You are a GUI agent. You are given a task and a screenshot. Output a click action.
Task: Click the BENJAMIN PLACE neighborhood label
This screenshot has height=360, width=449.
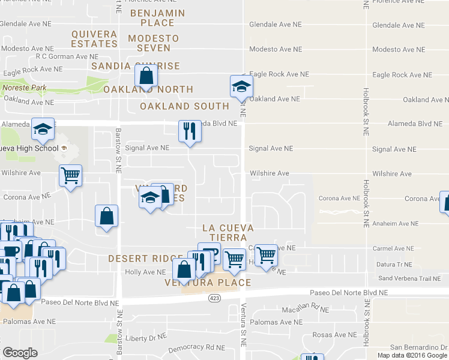[x=152, y=17]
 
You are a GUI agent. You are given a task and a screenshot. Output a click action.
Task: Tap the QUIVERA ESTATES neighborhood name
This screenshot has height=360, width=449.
[x=94, y=38]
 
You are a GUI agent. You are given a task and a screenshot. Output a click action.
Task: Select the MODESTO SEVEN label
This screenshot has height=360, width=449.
[x=154, y=43]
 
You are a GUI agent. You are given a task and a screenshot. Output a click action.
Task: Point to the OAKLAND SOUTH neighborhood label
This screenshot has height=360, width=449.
[x=184, y=106]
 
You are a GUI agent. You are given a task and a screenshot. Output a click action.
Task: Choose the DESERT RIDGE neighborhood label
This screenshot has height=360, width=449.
[x=137, y=259]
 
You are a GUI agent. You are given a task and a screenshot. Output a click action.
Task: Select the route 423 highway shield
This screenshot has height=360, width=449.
[x=215, y=298]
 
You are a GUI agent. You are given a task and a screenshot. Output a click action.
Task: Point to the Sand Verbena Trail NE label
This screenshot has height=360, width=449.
[x=409, y=278]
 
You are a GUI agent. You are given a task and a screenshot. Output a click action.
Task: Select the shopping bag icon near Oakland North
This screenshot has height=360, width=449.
[x=146, y=76]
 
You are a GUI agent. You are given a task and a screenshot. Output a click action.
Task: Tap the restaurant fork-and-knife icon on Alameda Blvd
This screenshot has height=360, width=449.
[x=190, y=131]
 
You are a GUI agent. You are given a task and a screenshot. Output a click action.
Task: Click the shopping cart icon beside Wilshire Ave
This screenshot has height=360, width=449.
[x=70, y=176]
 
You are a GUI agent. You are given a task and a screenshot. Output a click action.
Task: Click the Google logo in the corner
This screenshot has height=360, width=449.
[x=20, y=353]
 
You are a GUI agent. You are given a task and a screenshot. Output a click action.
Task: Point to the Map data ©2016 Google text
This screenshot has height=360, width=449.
[x=412, y=355]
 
